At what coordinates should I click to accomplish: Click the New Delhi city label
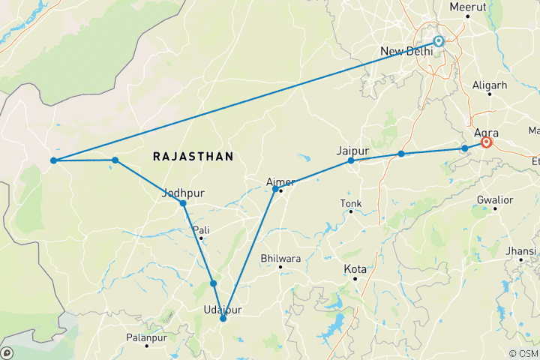[406, 51]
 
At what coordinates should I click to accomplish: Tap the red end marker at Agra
[487, 142]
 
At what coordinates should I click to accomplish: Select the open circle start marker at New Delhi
[439, 42]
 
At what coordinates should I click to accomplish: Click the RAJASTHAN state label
[193, 156]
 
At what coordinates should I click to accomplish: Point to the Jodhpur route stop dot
[183, 203]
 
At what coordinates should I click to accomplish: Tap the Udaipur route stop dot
[223, 319]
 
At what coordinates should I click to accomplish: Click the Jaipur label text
[353, 150]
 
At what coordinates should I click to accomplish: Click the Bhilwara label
[280, 259]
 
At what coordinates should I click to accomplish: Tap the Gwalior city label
[494, 200]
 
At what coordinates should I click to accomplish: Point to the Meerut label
[468, 7]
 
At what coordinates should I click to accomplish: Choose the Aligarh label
[490, 85]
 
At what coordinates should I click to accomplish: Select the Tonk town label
[350, 203]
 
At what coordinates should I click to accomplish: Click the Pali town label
[201, 229]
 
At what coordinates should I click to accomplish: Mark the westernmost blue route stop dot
[53, 160]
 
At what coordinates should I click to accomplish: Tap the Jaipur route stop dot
[351, 160]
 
